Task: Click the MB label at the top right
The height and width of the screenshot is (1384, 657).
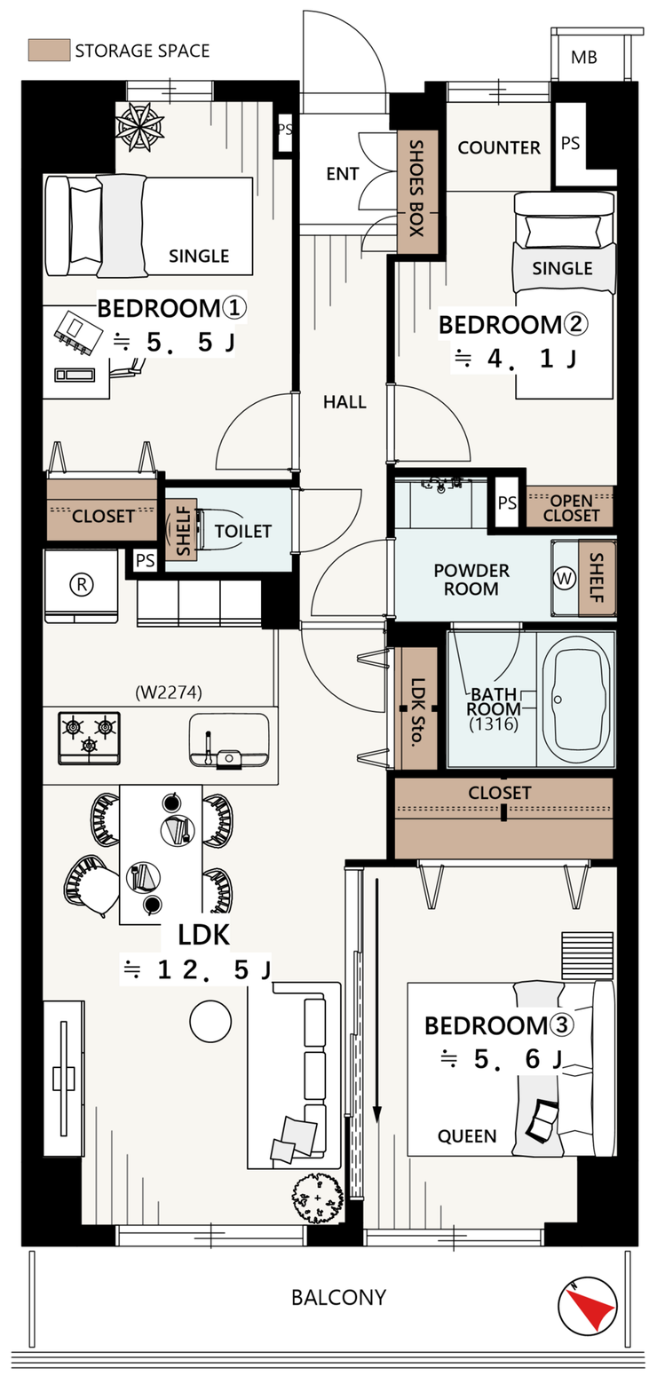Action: tap(583, 58)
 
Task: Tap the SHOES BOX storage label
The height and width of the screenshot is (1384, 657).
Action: tap(417, 188)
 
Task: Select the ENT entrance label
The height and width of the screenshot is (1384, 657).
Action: tap(343, 174)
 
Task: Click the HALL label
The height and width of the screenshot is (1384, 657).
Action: tap(344, 402)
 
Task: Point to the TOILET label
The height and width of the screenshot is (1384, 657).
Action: tap(243, 532)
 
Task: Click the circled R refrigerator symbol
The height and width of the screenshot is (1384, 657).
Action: tap(82, 584)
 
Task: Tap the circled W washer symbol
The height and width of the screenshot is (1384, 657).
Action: tap(564, 579)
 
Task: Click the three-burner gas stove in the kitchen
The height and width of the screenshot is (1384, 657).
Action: tap(89, 739)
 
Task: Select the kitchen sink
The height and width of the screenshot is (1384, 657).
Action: tap(229, 740)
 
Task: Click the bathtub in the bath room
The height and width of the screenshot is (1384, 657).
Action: tap(579, 700)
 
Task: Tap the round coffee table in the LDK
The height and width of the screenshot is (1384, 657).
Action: tap(210, 1022)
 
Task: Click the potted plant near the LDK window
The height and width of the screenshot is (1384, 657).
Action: tap(318, 1198)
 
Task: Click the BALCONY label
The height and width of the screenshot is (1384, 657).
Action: tap(338, 1297)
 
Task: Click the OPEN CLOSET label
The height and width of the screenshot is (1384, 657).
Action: tap(572, 508)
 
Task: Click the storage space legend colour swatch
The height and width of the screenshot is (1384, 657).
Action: tap(49, 50)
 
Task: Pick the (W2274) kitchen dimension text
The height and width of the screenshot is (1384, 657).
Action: tap(168, 692)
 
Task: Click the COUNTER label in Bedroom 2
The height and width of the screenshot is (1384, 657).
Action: tap(499, 147)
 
